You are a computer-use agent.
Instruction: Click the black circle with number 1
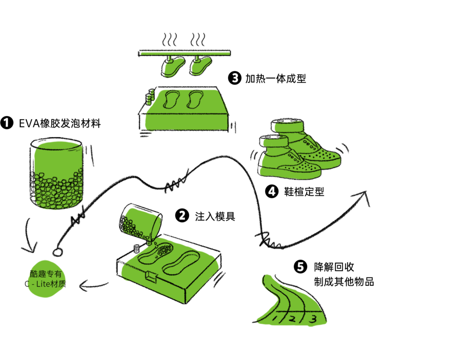(x=7, y=123)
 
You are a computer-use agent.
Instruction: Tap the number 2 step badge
(x=182, y=216)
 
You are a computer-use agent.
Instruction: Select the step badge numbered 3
(x=235, y=78)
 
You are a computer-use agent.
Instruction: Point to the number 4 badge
(x=272, y=192)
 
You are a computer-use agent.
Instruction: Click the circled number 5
(x=300, y=267)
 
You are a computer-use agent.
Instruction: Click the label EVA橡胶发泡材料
(x=60, y=124)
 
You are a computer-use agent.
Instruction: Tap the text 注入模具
(x=215, y=216)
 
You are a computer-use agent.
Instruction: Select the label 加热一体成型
(x=276, y=78)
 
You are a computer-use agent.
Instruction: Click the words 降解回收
(x=334, y=267)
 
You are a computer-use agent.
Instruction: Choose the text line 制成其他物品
(x=344, y=282)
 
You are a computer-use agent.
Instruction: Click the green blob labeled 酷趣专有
(x=46, y=278)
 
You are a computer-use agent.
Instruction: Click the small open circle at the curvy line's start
(x=57, y=252)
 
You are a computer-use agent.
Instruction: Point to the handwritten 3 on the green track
(x=313, y=319)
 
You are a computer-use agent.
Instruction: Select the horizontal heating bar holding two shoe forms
(x=185, y=53)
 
